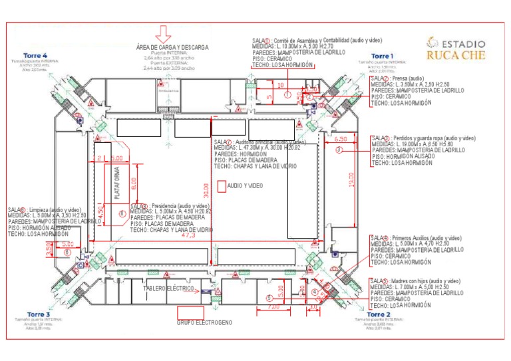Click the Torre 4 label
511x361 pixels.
pos(35,55)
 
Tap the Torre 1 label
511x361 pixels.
pos(382,56)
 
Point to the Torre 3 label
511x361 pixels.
pos(39,314)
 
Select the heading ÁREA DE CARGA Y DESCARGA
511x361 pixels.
pos(172,48)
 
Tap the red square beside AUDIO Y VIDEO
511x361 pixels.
pos(222,187)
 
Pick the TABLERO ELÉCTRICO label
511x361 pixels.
pos(170,289)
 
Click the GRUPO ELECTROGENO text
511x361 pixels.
pos(204,322)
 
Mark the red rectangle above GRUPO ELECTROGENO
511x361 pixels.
pos(190,312)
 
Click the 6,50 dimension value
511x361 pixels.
pos(341,139)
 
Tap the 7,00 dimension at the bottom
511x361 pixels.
pos(273,307)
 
